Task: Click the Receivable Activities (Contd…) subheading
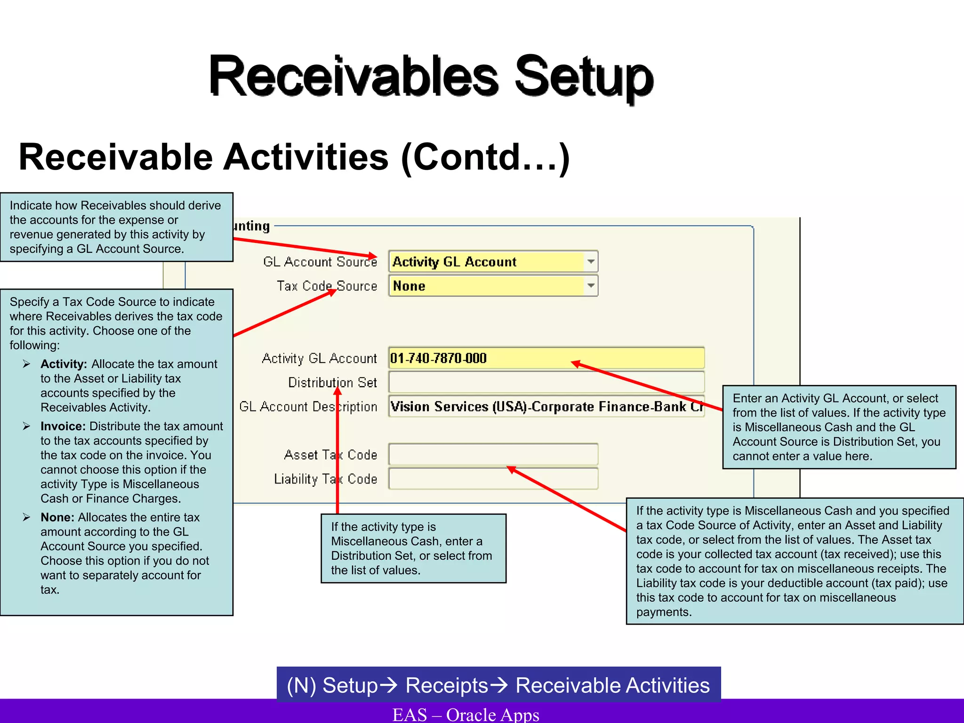[294, 158]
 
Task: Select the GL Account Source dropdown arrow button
[591, 261]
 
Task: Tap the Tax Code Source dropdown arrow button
[591, 286]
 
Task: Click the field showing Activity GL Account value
[487, 262]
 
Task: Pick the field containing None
[487, 286]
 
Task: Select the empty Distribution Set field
[546, 382]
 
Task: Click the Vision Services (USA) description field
[546, 407]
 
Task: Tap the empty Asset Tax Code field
[493, 455]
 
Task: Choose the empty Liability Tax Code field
[493, 479]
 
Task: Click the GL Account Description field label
[308, 407]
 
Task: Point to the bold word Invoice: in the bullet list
[63, 426]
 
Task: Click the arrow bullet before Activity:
[27, 364]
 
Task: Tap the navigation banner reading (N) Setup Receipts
[498, 685]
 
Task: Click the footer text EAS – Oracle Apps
[466, 714]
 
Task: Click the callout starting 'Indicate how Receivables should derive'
[116, 227]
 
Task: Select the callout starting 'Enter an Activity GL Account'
[839, 427]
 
